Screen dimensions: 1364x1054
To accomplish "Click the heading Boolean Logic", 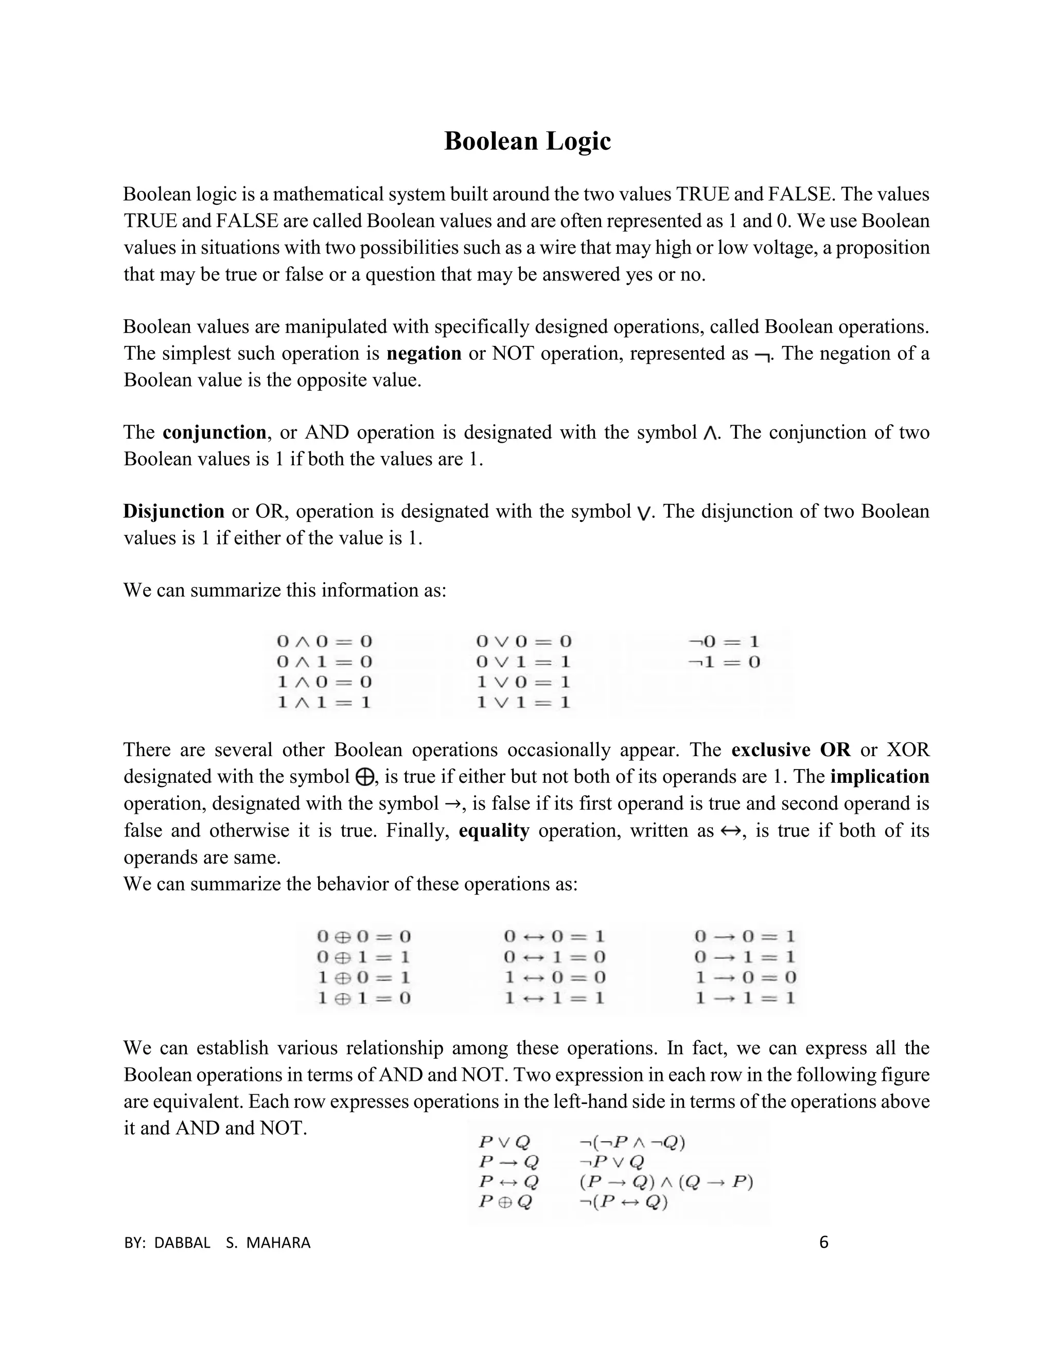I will coord(527,141).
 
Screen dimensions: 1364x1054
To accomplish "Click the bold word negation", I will coord(424,354).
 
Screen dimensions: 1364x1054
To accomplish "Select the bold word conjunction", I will coord(214,432).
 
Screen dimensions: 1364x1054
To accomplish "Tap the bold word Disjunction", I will coord(173,511).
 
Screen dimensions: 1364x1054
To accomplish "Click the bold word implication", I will coord(879,776).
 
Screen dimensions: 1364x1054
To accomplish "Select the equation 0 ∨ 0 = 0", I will coord(523,641).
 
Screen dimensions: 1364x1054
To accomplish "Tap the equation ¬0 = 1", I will coord(724,641).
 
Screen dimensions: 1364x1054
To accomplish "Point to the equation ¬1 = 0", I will coord(724,662).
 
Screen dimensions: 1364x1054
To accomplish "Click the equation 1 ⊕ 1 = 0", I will coord(364,998).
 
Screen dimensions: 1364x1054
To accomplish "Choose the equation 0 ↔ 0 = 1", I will coord(554,937).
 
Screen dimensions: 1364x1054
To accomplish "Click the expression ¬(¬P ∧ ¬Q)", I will coord(632,1142).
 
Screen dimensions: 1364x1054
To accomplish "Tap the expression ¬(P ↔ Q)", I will coord(623,1202).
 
